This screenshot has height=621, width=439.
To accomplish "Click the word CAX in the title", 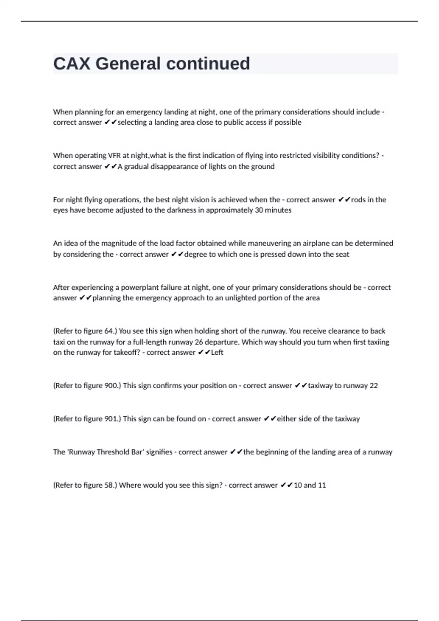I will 72,64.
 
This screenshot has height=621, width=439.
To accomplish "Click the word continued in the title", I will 208,64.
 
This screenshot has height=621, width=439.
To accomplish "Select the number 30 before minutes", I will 259,210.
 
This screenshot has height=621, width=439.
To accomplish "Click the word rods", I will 358,200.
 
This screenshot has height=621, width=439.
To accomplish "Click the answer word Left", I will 217,353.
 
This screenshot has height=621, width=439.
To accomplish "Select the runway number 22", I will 374,386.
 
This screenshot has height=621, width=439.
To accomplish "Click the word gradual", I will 136,167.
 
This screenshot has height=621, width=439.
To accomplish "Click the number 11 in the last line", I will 322,485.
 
